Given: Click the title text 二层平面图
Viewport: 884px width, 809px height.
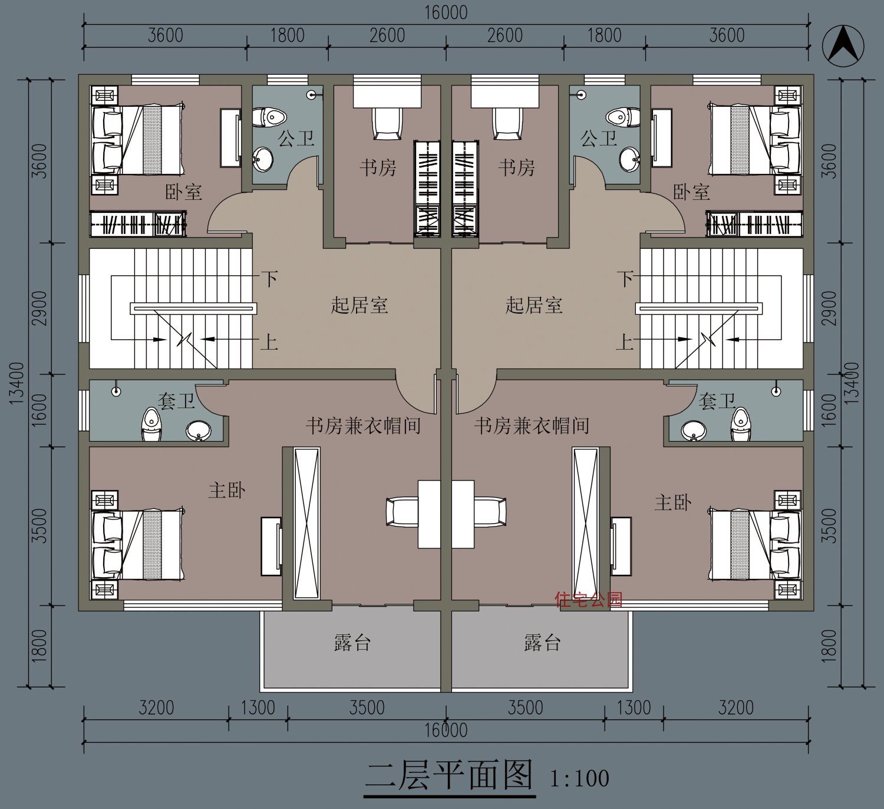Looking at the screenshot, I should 449,775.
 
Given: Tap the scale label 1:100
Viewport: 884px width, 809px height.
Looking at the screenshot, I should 579,778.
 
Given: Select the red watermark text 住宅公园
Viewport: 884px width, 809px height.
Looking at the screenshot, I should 588,600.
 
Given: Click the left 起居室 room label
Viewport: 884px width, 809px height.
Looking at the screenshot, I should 359,305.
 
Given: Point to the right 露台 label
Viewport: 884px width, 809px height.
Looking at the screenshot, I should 542,643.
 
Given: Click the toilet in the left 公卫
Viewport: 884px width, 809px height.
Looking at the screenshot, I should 271,117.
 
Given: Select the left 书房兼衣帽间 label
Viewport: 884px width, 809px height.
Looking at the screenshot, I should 363,425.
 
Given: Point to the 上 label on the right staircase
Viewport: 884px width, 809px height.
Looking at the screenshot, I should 624,342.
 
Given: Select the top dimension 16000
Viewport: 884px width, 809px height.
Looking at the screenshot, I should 446,12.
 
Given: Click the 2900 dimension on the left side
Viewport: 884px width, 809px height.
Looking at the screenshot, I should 39,307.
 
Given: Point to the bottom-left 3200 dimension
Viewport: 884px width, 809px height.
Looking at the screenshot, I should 156,707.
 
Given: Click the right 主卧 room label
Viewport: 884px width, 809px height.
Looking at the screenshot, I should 672,502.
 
